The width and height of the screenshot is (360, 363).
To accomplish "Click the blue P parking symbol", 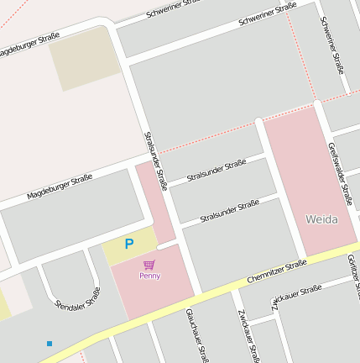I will tap(128, 244).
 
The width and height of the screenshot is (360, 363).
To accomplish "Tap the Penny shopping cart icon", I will tap(149, 265).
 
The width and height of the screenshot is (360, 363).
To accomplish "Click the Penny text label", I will tap(150, 276).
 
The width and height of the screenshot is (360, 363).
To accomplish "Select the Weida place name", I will tap(321, 219).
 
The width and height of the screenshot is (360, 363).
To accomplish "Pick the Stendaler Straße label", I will tap(77, 297).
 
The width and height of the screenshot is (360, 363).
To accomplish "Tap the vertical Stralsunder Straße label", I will tap(156, 160).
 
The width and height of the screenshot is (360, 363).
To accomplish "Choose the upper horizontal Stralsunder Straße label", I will tap(217, 171).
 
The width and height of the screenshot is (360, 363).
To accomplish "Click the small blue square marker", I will tap(50, 343).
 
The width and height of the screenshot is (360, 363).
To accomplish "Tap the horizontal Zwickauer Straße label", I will tap(297, 296).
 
